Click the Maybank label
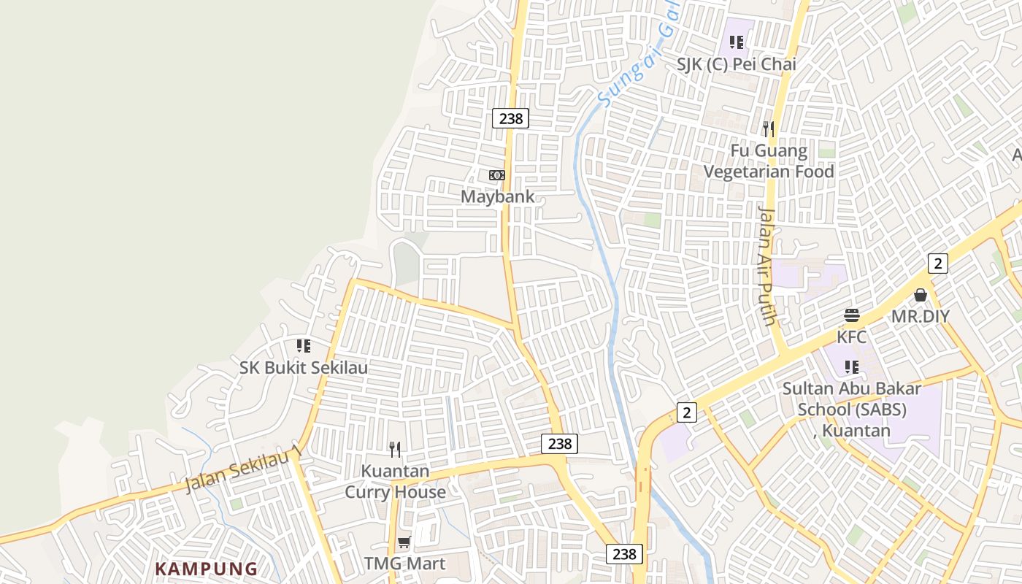[497, 197]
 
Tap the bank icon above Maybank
[497, 175]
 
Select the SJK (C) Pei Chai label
[736, 64]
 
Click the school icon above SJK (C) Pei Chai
[737, 42]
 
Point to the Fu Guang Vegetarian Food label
[769, 161]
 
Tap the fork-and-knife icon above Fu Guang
[768, 129]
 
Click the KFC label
[852, 337]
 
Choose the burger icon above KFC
[852, 315]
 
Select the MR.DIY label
[921, 317]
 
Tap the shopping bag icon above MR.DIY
[921, 295]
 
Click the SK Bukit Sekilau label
[304, 367]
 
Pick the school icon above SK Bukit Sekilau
[304, 345]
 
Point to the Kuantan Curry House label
[395, 481]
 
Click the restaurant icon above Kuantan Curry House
[395, 449]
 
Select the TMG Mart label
[404, 564]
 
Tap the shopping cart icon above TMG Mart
[404, 542]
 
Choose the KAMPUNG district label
[207, 569]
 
